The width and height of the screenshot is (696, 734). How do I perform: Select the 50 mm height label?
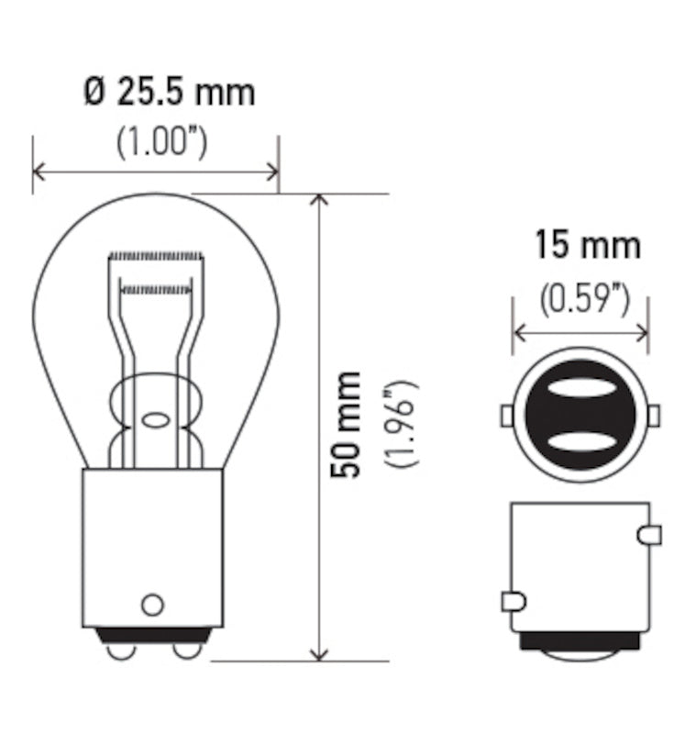tap(347, 424)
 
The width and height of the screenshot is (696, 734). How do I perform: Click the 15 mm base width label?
tap(587, 246)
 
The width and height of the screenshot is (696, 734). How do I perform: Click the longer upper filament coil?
tap(155, 254)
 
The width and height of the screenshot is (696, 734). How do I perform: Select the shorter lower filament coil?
tap(155, 290)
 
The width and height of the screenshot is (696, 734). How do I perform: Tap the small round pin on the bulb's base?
tap(152, 605)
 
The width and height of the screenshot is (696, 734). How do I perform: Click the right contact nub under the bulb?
tap(187, 650)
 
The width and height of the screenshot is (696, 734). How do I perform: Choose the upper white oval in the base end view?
tap(580, 388)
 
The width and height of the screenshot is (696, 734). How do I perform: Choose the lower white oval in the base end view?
tap(580, 443)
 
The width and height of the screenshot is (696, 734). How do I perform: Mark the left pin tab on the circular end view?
tap(506, 416)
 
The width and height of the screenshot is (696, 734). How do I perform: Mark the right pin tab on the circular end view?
tap(654, 416)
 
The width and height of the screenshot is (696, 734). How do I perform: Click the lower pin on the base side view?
tap(513, 602)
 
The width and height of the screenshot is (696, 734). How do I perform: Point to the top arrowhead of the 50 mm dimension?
tap(318, 201)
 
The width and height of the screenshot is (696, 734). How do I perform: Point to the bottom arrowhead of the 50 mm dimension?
tap(318, 652)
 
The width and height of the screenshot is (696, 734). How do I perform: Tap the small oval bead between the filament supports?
tap(155, 420)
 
